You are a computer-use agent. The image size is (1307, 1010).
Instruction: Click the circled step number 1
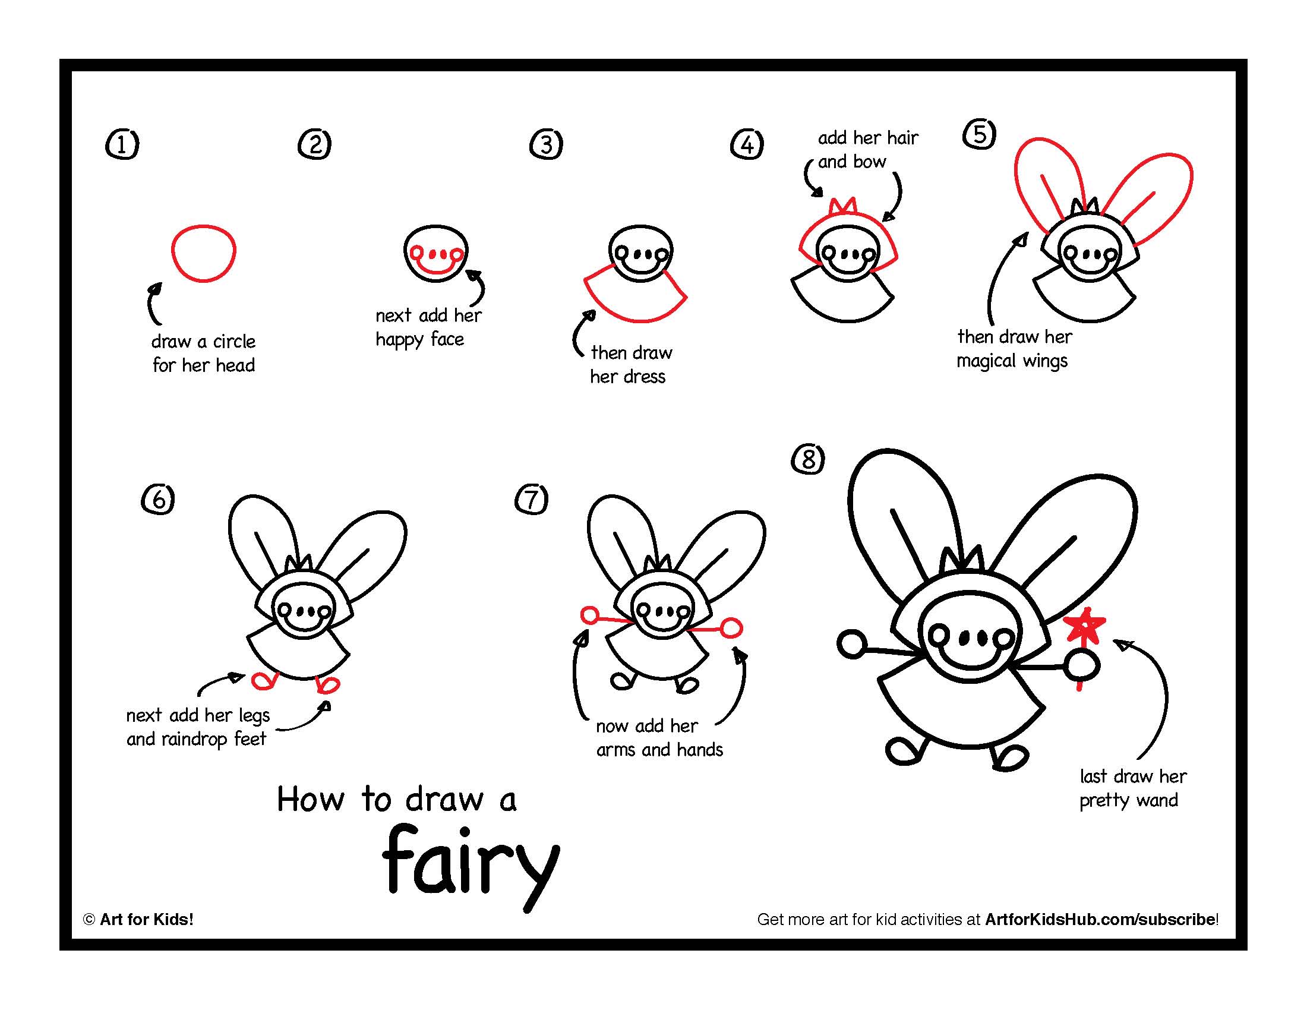point(122,145)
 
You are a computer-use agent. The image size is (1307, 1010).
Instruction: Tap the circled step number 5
point(979,134)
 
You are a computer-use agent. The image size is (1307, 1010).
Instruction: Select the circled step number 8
point(808,459)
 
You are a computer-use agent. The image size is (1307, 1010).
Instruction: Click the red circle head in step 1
point(203,253)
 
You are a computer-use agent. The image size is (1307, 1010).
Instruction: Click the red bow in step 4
point(843,206)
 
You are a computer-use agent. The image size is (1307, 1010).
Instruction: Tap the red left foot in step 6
point(263,680)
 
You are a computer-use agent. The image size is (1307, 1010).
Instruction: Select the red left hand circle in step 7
point(589,615)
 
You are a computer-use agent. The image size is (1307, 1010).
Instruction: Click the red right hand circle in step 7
point(731,628)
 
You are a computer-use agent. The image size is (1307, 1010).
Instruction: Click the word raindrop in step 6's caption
point(194,740)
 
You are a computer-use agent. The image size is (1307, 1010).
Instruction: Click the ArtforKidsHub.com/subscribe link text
point(1100,919)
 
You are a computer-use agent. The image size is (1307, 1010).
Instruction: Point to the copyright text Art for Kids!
point(146,919)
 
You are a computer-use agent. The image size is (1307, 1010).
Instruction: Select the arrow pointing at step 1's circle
point(152,303)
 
